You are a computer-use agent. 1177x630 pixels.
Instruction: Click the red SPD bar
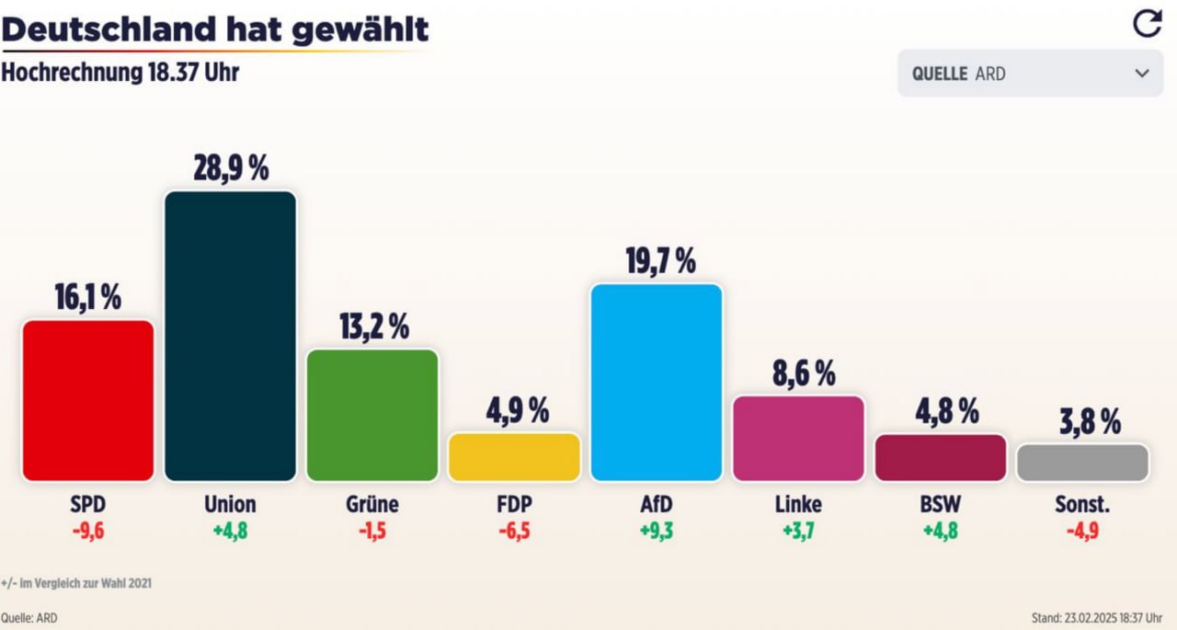(87, 400)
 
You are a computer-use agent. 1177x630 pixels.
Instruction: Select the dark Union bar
(230, 336)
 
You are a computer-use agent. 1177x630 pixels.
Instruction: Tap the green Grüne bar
(372, 415)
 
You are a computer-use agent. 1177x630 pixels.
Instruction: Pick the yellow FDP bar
(514, 457)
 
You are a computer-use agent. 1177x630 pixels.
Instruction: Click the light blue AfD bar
(656, 382)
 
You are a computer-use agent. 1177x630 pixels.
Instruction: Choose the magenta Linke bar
(798, 439)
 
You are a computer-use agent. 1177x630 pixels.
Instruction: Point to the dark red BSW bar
(940, 458)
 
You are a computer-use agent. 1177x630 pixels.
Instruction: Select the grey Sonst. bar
(1082, 463)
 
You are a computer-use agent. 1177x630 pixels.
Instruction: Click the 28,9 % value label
(230, 168)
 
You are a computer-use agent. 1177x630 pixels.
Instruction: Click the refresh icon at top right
(1147, 24)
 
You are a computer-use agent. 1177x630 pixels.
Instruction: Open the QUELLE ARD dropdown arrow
(1142, 74)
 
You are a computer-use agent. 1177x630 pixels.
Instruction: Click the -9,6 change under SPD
(87, 531)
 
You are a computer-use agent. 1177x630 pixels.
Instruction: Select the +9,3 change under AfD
(656, 531)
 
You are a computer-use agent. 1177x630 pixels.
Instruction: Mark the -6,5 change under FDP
(514, 531)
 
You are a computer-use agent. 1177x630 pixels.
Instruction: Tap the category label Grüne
(372, 505)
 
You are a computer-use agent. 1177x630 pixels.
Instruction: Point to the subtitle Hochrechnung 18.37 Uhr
(120, 73)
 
